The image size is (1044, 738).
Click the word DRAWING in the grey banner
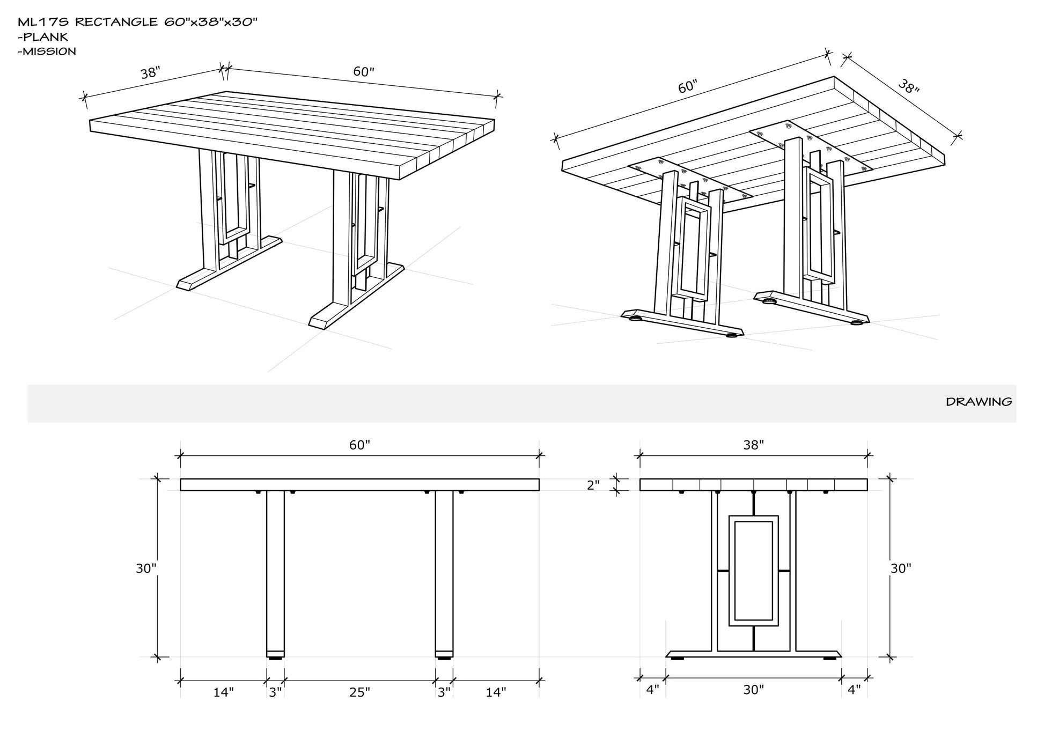click(979, 402)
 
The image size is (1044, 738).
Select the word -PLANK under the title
click(43, 37)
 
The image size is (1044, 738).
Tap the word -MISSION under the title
click(47, 51)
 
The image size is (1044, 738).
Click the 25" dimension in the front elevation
click(359, 692)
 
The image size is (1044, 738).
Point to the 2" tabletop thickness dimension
click(593, 485)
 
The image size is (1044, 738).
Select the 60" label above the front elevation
click(359, 445)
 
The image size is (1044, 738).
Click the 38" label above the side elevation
click(753, 445)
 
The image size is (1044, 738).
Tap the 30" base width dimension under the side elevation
click(753, 690)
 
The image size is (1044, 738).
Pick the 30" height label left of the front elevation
click(145, 569)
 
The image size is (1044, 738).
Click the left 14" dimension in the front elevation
click(223, 692)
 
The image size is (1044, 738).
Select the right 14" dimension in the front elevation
click(496, 692)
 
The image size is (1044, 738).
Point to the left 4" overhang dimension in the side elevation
click(652, 690)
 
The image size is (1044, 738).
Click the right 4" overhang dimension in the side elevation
click(854, 690)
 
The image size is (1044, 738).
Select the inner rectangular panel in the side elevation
click(753, 571)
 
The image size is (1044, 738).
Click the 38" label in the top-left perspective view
click(150, 73)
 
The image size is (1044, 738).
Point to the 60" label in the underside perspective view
click(687, 87)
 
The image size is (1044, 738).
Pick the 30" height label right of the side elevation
click(901, 569)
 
